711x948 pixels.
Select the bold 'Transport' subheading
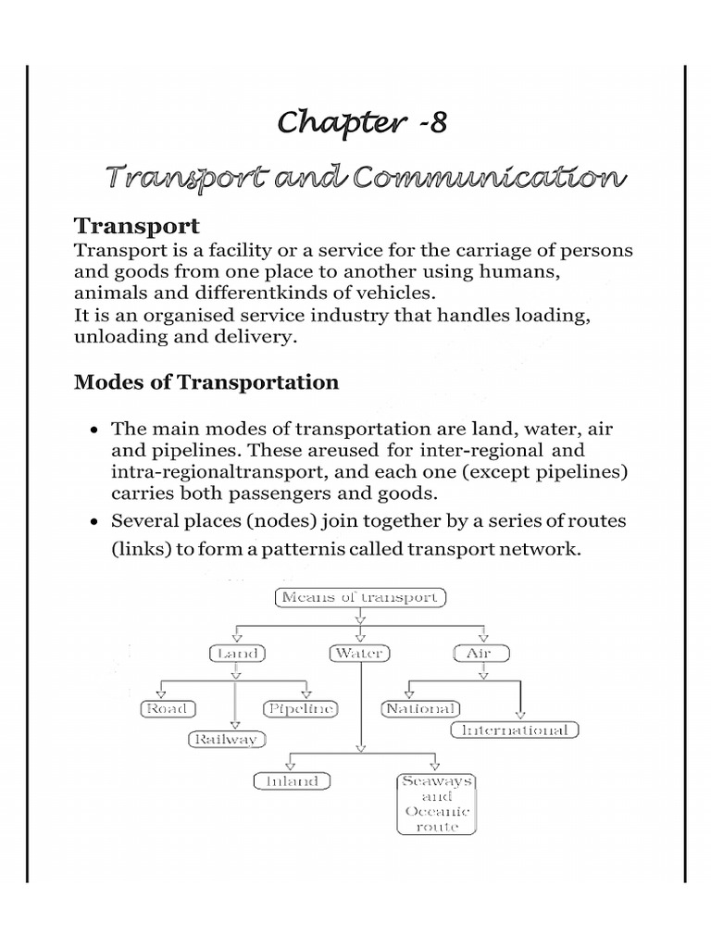click(136, 227)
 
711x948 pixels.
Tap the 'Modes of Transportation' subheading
click(206, 382)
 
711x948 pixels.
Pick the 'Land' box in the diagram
click(236, 654)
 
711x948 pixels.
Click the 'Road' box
click(167, 709)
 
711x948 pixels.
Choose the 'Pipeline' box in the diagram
click(301, 709)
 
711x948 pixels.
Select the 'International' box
click(516, 730)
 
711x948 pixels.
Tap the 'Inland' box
click(292, 781)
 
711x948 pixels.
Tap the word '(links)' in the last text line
click(137, 550)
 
